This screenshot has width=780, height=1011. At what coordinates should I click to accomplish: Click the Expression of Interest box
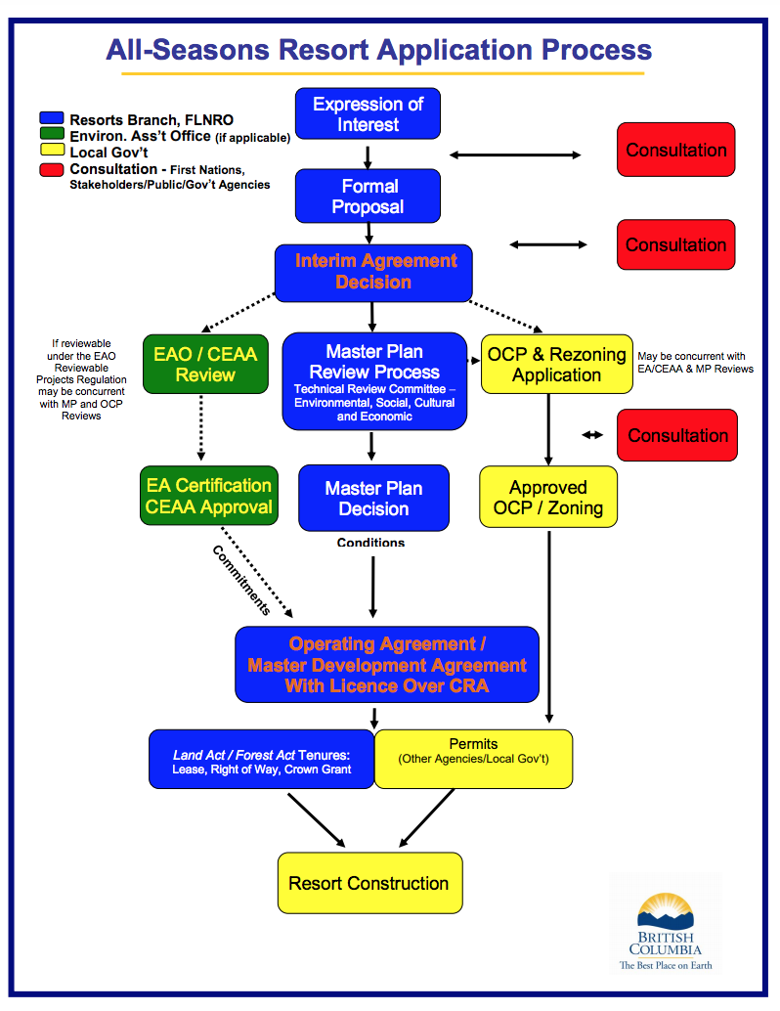[x=368, y=113]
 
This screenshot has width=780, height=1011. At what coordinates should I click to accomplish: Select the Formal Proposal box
[x=368, y=196]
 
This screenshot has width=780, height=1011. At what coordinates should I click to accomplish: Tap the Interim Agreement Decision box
[x=373, y=273]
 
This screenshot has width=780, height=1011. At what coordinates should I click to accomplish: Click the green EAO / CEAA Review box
[x=205, y=364]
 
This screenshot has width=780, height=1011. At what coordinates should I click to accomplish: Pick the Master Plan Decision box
[x=373, y=498]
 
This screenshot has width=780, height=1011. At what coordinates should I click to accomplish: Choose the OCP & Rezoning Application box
[x=556, y=364]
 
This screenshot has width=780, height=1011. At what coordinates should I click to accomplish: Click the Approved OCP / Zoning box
[x=548, y=497]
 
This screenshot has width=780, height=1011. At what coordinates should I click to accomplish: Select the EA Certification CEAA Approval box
[x=209, y=495]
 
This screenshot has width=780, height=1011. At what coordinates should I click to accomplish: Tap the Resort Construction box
[x=370, y=883]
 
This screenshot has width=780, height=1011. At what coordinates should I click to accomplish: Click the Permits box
[x=473, y=759]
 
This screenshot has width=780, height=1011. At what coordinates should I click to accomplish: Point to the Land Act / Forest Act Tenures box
[x=261, y=759]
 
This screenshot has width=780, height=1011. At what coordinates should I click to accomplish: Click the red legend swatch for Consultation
[x=52, y=169]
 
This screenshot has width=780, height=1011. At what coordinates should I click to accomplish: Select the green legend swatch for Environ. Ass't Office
[x=52, y=134]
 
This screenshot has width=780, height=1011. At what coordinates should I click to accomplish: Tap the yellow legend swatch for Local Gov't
[x=52, y=150]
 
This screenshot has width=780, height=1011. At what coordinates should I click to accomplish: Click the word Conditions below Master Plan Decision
[x=370, y=543]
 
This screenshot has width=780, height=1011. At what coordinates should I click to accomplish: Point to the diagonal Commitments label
[x=241, y=580]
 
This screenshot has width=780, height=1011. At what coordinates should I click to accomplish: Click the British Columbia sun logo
[x=666, y=911]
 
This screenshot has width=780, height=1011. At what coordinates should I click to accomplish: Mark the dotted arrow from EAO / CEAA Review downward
[x=201, y=427]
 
